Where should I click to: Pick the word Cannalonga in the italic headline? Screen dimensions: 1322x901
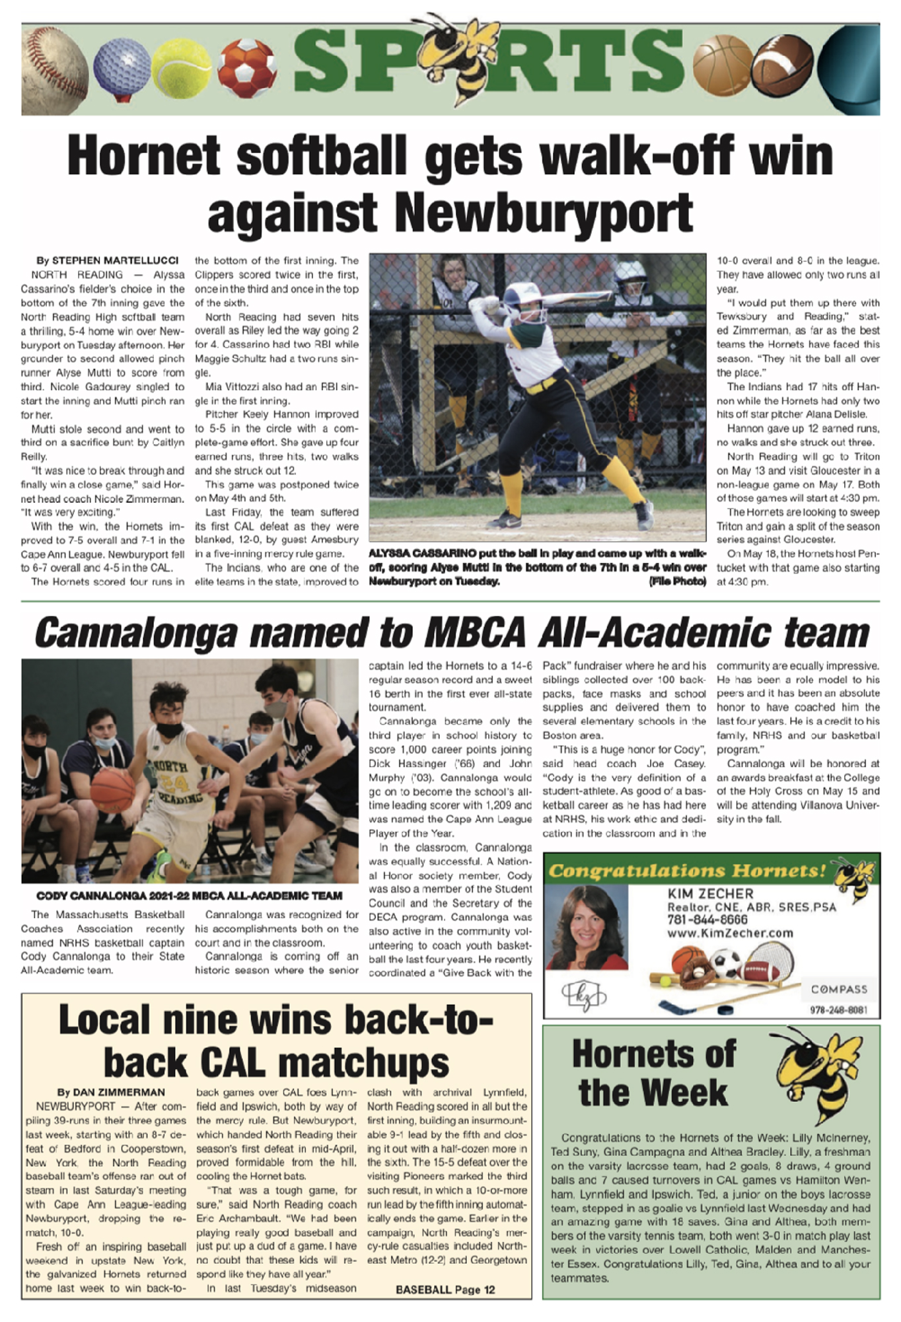pos(136,633)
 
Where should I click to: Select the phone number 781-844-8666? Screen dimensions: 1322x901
pos(707,920)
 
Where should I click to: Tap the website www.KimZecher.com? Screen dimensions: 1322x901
pos(729,933)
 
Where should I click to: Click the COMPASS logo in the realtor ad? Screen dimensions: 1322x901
pos(839,989)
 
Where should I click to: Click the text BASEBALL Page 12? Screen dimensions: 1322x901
pos(445,1289)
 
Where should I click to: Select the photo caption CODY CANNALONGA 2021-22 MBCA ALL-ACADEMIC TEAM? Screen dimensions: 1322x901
pos(189,896)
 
